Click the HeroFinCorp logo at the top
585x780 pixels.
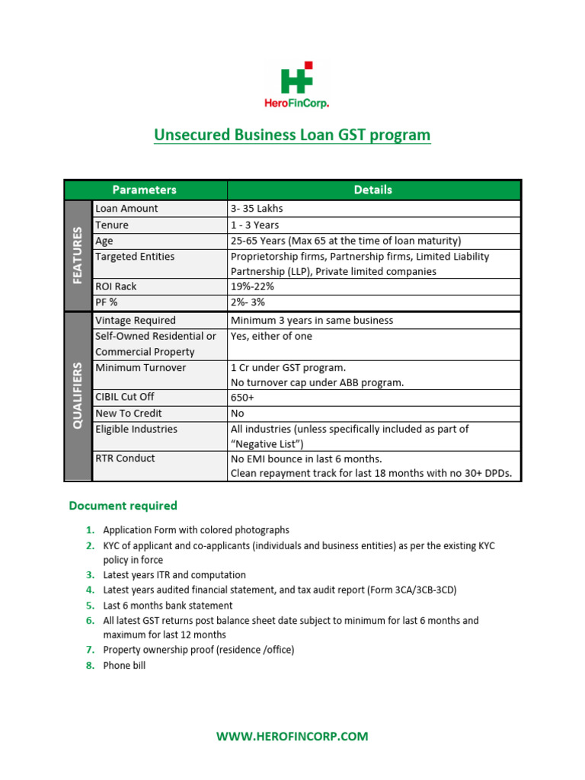[x=292, y=85]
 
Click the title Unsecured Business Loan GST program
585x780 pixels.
[x=292, y=136]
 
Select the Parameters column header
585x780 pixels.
[x=145, y=190]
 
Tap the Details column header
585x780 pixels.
[x=373, y=190]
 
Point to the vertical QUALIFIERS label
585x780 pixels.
[x=78, y=395]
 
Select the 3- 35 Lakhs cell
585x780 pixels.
[x=257, y=209]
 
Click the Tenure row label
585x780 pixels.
[x=112, y=225]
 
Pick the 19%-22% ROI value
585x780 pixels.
[x=252, y=287]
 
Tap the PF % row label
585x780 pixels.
[x=108, y=302]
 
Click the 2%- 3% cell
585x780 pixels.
[x=248, y=302]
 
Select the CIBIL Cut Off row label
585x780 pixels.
[x=125, y=398]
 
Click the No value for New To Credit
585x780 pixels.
[x=238, y=413]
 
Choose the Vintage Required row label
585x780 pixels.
[x=136, y=321]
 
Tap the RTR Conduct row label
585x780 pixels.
[x=125, y=459]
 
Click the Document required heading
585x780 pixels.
[x=123, y=506]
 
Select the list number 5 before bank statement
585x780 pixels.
[x=90, y=606]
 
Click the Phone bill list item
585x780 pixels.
[x=124, y=666]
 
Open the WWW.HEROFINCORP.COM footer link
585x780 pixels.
[x=292, y=737]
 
